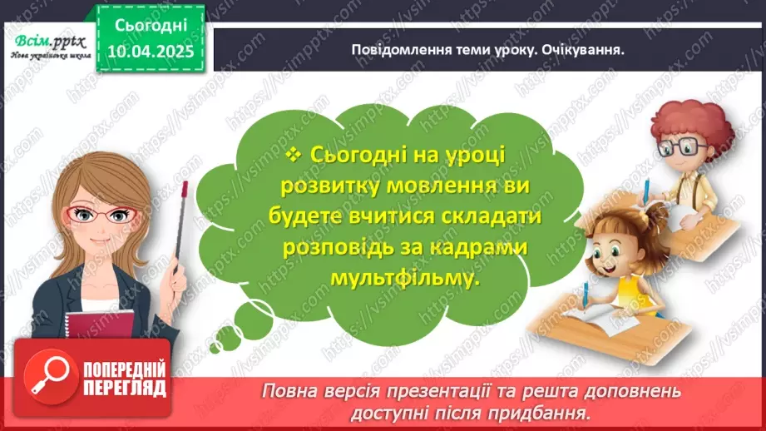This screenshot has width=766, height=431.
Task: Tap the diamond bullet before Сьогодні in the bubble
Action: click(x=293, y=155)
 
